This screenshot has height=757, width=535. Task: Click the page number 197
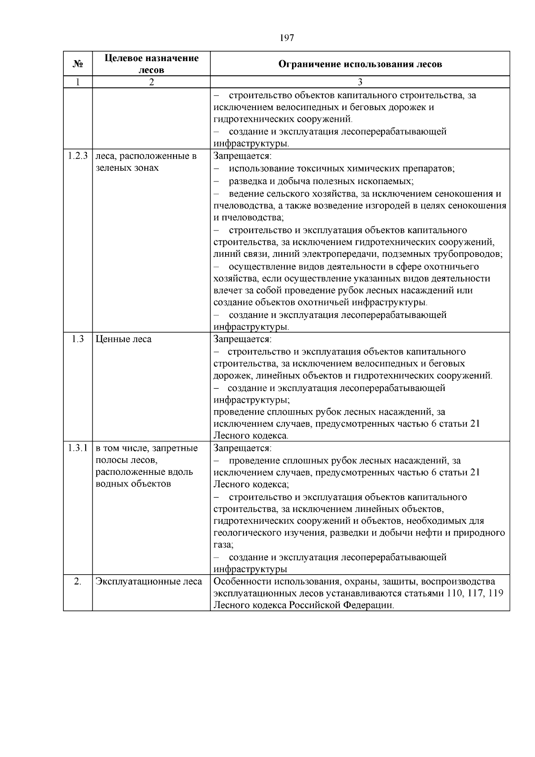tap(287, 38)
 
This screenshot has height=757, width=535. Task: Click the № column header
tap(78, 64)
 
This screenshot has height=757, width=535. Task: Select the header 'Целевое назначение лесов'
tap(151, 64)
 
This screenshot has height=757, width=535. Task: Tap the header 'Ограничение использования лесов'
tap(360, 64)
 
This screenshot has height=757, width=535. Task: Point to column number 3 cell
tap(360, 82)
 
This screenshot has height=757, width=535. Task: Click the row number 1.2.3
tap(78, 156)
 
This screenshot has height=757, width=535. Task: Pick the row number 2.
tap(78, 581)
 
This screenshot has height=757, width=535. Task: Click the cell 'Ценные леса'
tap(123, 339)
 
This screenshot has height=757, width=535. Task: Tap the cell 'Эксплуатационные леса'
tap(149, 581)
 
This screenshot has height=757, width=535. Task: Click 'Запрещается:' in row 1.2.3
tap(242, 156)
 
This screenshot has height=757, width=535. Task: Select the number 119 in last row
tap(495, 593)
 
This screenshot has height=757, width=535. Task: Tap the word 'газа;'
tap(223, 545)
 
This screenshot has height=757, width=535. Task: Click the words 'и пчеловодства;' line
tap(248, 218)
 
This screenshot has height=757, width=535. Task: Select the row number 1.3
tap(78, 339)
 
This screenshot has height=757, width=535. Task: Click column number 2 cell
tap(151, 82)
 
